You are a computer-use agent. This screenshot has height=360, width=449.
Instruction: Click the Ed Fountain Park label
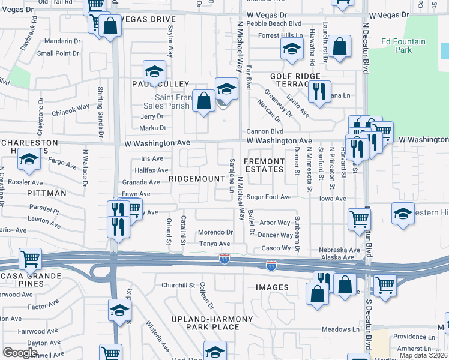click(403, 46)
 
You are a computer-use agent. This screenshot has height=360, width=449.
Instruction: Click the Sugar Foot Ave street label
click(268, 197)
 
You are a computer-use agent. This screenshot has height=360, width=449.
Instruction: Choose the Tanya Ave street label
click(215, 244)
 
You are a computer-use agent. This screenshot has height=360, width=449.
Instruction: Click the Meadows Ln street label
click(340, 329)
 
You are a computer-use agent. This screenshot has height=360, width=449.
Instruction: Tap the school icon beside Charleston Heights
click(29, 160)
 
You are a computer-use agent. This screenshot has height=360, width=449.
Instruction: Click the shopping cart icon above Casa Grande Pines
click(30, 259)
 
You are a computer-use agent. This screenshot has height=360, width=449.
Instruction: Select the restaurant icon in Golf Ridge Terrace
click(319, 91)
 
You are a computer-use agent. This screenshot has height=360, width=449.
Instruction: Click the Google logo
click(20, 353)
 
